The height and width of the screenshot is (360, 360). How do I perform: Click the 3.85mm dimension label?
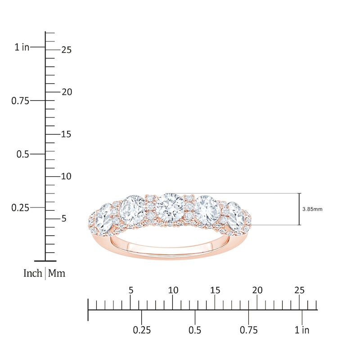click(313, 209)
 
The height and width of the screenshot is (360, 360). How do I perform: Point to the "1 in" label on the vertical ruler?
click(22, 47)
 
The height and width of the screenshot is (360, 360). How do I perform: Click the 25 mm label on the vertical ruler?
click(66, 50)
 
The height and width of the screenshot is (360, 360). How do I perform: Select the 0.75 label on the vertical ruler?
click(20, 101)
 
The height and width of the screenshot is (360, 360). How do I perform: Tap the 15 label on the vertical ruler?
click(66, 135)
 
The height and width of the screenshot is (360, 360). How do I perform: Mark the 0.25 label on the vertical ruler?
click(20, 208)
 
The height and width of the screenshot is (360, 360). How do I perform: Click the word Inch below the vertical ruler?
click(32, 273)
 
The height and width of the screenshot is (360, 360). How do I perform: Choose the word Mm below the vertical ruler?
click(57, 273)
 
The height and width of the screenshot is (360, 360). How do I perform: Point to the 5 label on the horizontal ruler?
click(130, 290)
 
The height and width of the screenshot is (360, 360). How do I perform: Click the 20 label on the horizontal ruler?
click(257, 290)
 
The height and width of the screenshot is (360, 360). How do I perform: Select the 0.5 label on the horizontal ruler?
click(195, 330)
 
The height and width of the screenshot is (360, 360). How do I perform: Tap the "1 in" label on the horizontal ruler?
click(302, 330)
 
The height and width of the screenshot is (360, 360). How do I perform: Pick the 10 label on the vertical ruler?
click(66, 176)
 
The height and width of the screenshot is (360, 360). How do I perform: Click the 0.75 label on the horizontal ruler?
click(248, 330)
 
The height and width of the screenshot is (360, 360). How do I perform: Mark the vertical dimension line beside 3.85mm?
click(299, 209)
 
